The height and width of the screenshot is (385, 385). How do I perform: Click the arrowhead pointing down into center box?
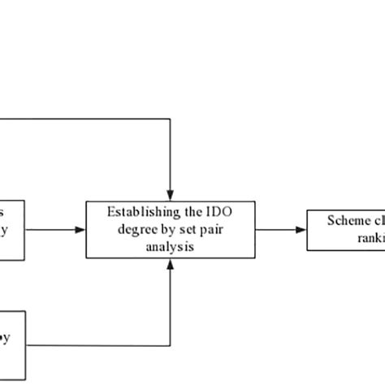click(169, 194)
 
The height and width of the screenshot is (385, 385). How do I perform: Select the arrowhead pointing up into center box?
click(169, 265)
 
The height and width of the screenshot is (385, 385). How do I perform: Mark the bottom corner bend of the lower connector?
click(169, 340)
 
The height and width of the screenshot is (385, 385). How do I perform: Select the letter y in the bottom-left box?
click(6, 339)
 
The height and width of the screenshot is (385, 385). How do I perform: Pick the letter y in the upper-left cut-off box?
click(6, 230)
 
